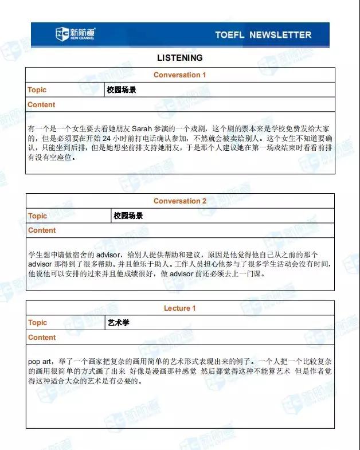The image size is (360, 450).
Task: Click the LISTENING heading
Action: tap(179, 58)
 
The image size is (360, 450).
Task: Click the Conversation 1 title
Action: tap(180, 75)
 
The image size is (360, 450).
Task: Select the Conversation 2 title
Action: tap(180, 201)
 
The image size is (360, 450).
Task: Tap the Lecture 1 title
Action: tap(180, 308)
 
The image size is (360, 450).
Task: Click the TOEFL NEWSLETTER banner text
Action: tap(263, 35)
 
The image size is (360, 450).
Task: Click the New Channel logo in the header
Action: tap(75, 34)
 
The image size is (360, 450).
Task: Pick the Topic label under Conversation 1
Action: tap(37, 90)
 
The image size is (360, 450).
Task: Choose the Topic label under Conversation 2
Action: tap(38, 216)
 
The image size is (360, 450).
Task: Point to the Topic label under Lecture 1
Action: tap(38, 323)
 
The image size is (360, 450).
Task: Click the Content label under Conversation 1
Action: tap(42, 105)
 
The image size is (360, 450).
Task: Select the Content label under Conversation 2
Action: tap(42, 230)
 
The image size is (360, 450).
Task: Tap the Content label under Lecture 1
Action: tap(42, 338)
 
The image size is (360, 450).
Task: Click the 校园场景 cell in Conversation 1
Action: tap(122, 90)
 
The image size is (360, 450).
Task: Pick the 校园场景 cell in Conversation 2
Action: tap(128, 216)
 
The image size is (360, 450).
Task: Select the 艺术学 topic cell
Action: tap(119, 323)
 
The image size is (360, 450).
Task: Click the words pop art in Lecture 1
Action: tap(40, 362)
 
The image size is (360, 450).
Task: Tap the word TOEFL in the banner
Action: tap(230, 35)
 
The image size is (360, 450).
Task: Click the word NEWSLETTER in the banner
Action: tap(280, 35)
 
